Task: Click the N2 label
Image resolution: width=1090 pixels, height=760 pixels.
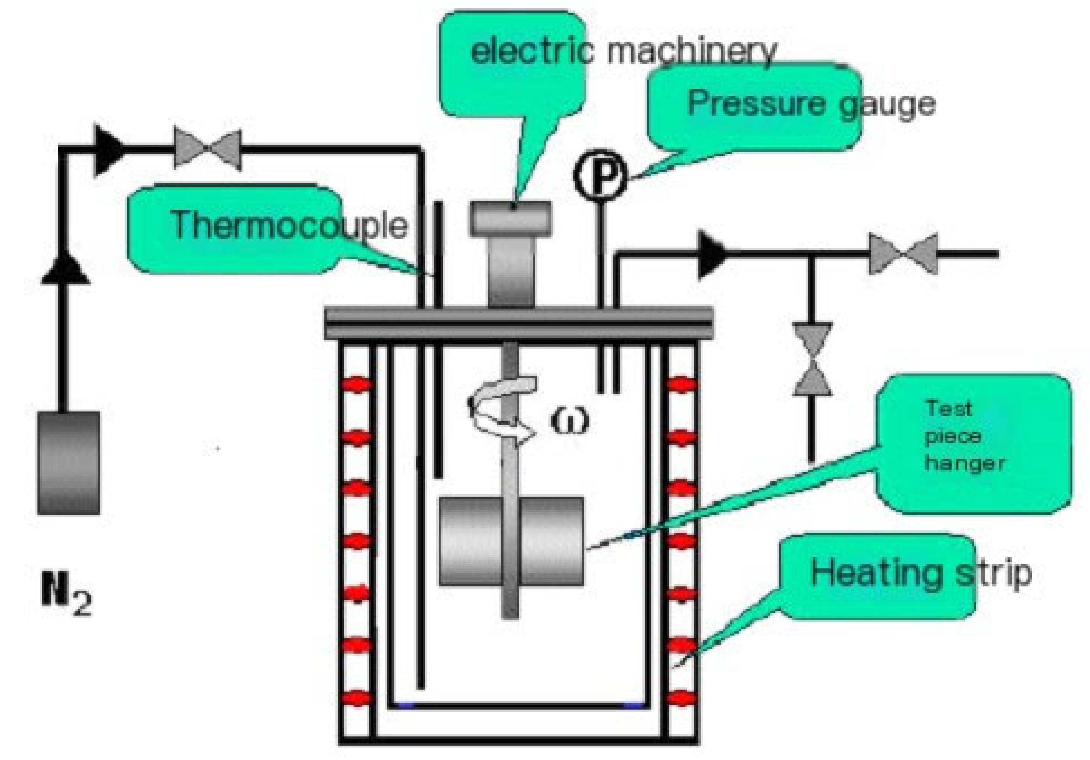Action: point(66,600)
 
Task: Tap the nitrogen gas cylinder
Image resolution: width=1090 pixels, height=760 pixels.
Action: point(69,463)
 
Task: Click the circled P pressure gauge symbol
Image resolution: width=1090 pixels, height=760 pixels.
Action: point(600,174)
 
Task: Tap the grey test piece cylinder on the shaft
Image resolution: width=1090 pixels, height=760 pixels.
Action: point(511,541)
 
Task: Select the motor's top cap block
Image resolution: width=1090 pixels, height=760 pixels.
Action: point(511,219)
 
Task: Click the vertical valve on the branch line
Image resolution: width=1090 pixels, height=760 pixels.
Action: point(812,359)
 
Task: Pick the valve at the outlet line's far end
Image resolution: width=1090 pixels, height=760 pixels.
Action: point(903,254)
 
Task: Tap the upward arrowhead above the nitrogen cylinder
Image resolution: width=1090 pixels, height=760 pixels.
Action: point(65,270)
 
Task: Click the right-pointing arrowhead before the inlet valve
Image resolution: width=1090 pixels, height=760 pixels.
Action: point(109,150)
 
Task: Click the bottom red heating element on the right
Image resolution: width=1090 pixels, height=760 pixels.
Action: point(682,698)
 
